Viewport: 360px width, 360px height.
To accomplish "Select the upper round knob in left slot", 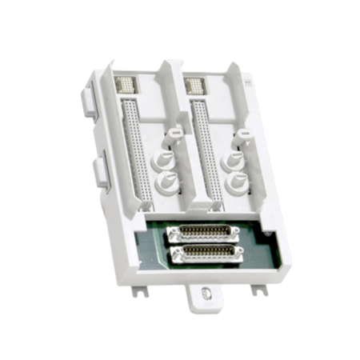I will coord(166,159).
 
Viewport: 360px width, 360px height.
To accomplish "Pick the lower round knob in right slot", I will coord(238,182).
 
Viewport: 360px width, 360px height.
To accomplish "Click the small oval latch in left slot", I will coord(174,129).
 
